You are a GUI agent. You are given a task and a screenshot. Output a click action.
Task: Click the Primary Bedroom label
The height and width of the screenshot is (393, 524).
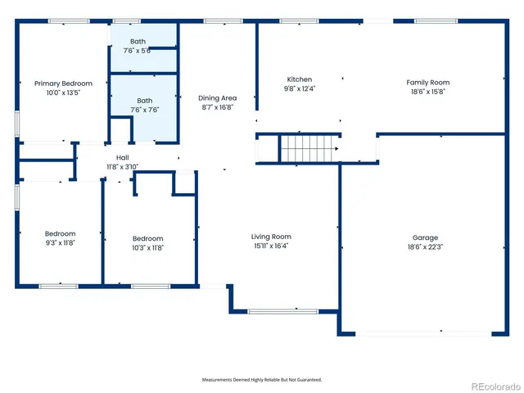63,84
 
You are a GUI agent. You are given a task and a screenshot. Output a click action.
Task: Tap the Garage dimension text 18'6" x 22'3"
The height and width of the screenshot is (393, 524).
425,247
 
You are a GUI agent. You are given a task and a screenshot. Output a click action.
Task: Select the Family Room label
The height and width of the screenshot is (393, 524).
428,83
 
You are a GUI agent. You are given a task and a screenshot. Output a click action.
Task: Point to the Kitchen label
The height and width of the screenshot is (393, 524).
299,79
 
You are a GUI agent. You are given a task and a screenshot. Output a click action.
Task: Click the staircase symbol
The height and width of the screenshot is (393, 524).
309,150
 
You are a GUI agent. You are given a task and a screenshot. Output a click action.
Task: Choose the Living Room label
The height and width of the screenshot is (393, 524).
271,237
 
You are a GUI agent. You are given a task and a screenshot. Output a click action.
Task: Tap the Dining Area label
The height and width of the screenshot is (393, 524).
218,97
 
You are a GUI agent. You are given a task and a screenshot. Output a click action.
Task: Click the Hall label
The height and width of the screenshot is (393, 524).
122,157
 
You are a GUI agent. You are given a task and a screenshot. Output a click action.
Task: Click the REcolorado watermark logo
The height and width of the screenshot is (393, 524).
493,385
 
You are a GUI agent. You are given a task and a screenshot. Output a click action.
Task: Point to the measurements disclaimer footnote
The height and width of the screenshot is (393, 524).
262,380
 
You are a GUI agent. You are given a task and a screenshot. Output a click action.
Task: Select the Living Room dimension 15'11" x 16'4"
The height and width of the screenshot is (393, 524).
271,246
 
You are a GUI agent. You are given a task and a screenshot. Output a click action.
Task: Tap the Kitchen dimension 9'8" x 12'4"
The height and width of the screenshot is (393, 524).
299,88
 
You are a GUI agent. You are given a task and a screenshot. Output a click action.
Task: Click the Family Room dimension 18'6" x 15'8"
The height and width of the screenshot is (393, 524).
428,92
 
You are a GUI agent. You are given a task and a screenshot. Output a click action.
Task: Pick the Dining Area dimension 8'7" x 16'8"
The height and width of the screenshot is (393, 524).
218,106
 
